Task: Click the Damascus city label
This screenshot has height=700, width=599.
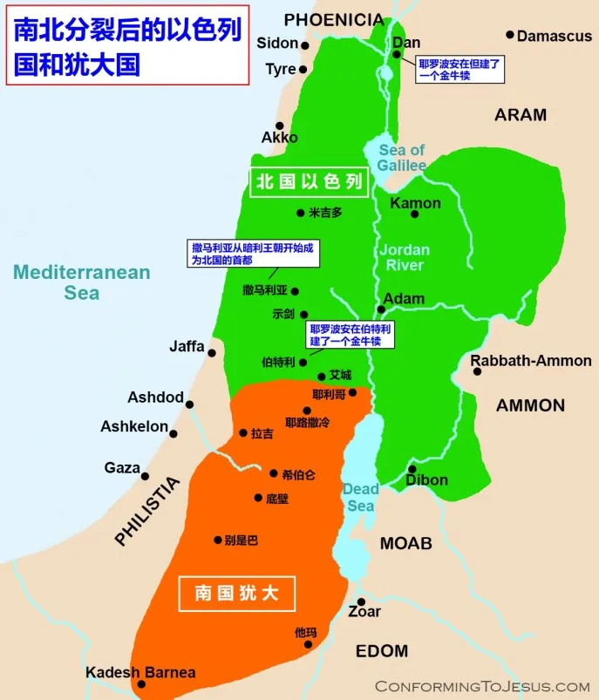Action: click(x=555, y=37)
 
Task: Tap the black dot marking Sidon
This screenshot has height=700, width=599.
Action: click(x=305, y=44)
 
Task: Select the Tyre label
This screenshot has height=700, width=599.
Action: click(x=280, y=70)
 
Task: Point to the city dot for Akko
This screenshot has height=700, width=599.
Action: click(x=279, y=126)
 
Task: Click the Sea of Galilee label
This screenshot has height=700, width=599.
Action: click(x=402, y=158)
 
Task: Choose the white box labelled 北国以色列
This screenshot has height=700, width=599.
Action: click(x=309, y=182)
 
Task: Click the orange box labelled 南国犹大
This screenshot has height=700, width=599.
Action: click(x=237, y=594)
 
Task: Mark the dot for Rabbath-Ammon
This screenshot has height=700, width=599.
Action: click(x=478, y=371)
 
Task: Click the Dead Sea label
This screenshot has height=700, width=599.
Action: click(x=359, y=497)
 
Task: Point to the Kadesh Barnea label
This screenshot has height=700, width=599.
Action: click(x=140, y=673)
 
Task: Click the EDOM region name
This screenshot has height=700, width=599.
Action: click(x=382, y=651)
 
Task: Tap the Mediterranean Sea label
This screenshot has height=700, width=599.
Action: click(x=82, y=282)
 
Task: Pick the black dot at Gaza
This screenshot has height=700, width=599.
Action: click(x=145, y=477)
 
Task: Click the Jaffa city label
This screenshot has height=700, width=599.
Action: click(x=187, y=347)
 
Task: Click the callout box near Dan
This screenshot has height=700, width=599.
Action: click(x=460, y=70)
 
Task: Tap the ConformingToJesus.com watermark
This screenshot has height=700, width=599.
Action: click(x=482, y=686)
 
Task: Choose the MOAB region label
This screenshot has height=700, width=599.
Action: click(x=405, y=544)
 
